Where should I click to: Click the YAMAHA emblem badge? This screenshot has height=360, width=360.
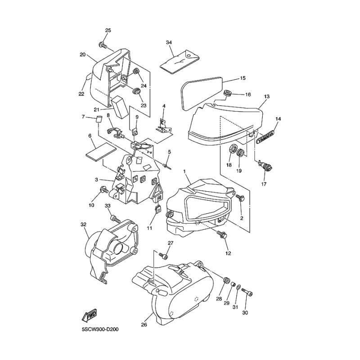265,137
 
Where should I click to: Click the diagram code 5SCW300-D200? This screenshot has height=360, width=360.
100,329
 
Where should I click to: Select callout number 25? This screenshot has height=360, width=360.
108,30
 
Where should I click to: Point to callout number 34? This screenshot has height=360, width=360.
169,42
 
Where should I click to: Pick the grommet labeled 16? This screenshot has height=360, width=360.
228,94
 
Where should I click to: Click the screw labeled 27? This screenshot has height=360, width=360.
163,255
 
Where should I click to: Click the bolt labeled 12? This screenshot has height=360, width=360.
222,235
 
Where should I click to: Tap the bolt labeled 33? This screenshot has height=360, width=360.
116,219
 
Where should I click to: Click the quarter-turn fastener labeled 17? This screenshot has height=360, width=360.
265,165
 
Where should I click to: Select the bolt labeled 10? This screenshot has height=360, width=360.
104,189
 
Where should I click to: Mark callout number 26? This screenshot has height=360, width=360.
144,324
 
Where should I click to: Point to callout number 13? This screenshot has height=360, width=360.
266,96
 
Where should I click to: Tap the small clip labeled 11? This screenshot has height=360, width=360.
158,209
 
